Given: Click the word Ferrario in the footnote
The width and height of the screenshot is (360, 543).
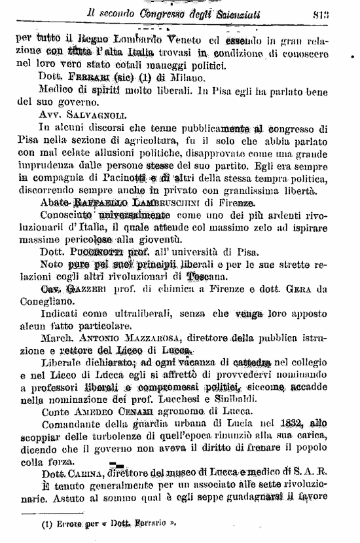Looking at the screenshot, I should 156,524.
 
